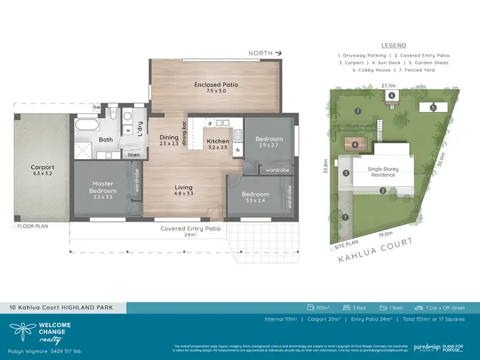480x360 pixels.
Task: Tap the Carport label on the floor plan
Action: click(x=43, y=168)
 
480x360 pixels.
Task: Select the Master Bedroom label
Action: click(x=102, y=187)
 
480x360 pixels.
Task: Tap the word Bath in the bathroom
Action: click(x=106, y=139)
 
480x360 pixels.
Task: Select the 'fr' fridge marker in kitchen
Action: click(x=238, y=151)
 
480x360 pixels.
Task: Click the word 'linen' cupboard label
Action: click(x=133, y=154)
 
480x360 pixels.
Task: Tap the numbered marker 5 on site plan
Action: click(x=433, y=107)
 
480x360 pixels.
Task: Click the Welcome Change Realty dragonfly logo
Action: click(x=21, y=331)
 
